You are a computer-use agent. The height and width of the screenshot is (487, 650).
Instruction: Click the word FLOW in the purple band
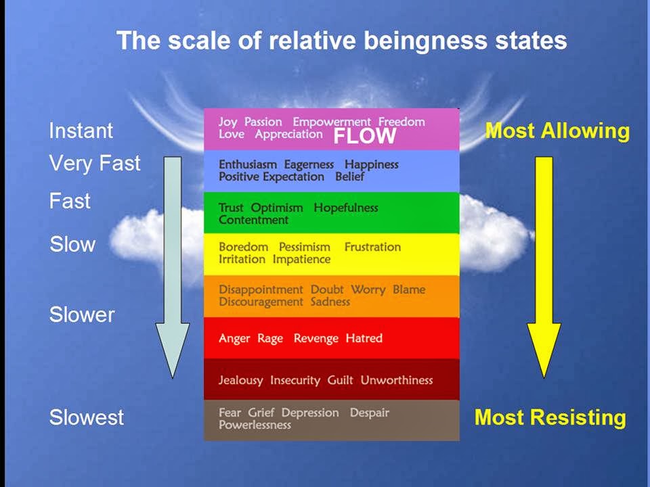[365, 137]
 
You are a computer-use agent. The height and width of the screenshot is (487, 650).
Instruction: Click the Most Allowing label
[557, 131]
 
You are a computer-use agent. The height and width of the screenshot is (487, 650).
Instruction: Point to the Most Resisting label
[550, 417]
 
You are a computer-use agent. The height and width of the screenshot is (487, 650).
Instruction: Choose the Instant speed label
[81, 131]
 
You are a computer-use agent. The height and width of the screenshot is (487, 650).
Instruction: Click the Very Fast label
[95, 163]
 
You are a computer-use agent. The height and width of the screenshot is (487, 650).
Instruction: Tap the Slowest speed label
[87, 417]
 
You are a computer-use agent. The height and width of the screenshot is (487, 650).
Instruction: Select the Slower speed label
[82, 315]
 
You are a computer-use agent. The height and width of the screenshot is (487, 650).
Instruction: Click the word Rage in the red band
[270, 338]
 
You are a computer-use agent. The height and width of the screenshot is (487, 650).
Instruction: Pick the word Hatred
[364, 338]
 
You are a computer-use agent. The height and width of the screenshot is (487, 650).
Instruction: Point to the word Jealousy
[240, 380]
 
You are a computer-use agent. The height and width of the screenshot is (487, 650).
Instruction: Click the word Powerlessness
[255, 425]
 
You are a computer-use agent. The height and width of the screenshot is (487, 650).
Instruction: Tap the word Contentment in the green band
[253, 220]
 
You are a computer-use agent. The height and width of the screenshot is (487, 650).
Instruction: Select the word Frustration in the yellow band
[372, 247]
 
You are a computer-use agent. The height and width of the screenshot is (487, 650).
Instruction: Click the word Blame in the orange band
[409, 289]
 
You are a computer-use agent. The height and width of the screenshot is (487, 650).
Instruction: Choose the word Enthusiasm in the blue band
[248, 164]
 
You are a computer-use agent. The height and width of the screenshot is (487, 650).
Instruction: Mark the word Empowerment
[332, 122]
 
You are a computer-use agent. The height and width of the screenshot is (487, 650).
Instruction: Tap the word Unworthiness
[396, 380]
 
